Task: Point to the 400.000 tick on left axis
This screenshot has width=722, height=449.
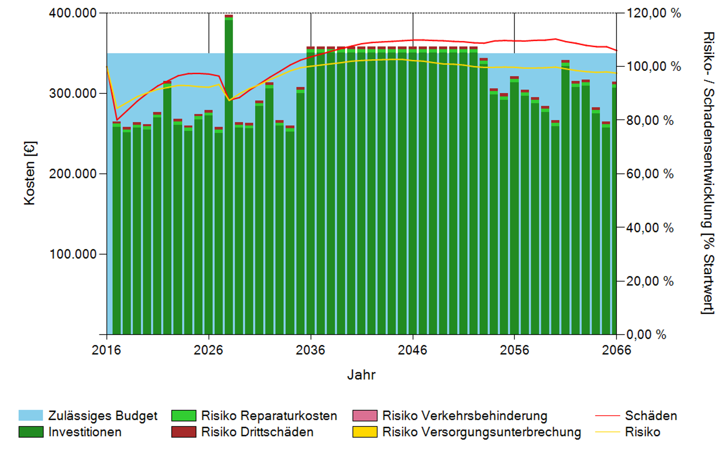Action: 73,13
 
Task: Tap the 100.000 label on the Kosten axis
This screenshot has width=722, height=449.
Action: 73,254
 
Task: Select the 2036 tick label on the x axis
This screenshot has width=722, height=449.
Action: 311,350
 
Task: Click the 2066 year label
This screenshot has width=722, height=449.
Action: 616,350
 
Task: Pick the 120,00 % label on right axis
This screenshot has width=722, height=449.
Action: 654,13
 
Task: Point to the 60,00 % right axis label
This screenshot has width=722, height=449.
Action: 650,174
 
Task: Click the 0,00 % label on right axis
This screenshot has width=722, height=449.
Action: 646,334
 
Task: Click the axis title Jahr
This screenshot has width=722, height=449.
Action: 361,375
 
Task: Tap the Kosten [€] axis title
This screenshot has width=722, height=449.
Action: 30,173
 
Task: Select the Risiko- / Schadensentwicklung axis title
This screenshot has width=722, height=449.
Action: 708,173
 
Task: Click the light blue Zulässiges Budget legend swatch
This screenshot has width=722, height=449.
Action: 31,416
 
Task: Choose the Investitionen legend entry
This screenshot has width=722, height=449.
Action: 85,432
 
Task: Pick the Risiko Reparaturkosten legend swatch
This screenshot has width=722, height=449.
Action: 184,416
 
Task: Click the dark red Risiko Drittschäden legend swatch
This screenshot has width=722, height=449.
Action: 184,432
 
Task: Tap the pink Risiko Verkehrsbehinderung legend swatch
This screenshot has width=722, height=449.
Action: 365,416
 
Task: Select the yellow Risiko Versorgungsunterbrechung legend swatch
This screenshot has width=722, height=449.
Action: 365,432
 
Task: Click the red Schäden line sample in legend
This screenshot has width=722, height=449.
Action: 607,416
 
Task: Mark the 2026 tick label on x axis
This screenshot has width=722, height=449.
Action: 208,350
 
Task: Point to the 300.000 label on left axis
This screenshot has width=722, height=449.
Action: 73,94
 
